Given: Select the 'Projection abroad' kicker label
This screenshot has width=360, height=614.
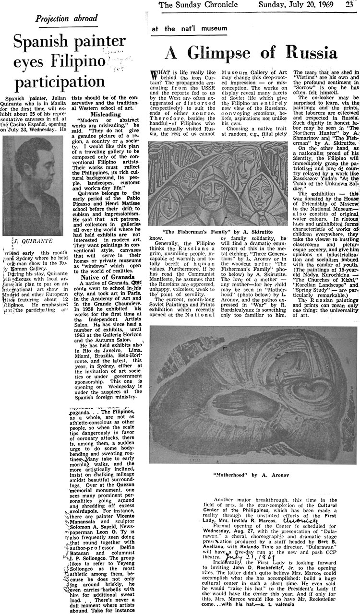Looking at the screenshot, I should click(66, 19).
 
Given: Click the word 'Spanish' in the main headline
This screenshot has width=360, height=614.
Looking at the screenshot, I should click(37, 45).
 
